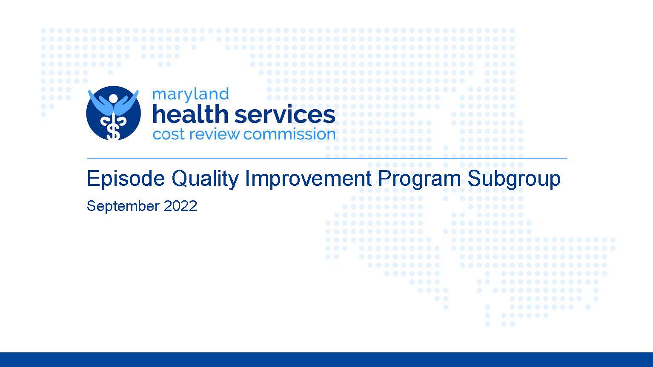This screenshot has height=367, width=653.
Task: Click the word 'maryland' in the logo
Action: click(190, 95)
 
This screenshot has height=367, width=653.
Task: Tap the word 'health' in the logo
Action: click(190, 114)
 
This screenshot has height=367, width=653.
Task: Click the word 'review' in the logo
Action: click(215, 134)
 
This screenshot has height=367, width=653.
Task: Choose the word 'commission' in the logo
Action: click(289, 134)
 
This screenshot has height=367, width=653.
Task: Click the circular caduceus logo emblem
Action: click(113, 113)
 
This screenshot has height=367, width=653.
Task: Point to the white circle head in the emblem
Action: click(113, 99)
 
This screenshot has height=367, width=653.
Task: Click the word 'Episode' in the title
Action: click(126, 179)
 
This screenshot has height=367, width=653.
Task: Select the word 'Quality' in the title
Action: click(205, 179)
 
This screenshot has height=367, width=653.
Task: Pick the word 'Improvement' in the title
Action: click(309, 179)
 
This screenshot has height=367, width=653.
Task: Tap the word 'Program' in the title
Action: click(419, 179)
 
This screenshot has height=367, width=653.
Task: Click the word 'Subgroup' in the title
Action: click(514, 179)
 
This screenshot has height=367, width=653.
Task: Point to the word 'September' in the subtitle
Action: click(123, 207)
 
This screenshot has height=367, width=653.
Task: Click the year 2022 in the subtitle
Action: click(180, 206)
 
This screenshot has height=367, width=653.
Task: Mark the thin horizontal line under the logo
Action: click(327, 159)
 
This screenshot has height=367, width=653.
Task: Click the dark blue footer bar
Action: click(326, 360)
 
